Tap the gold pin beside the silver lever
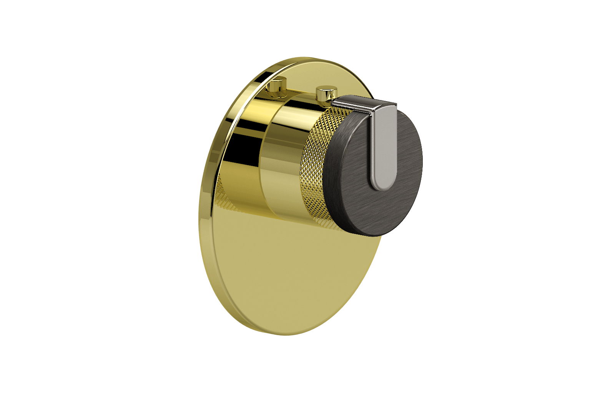(x=326, y=94)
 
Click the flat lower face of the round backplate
(x=284, y=277)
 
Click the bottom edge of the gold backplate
(x=284, y=334)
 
